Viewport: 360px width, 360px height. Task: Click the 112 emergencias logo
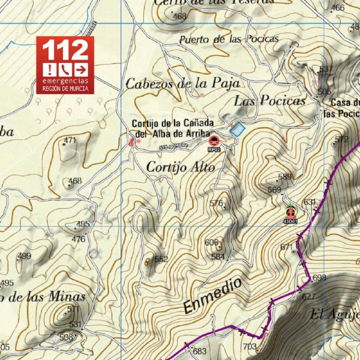tap(65, 64)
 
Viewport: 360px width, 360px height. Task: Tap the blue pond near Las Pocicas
tap(237, 129)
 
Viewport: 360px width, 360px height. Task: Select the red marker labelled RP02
tap(213, 141)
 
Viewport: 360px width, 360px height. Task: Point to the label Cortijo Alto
tap(174, 166)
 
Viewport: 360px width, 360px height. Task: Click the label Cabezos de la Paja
tap(182, 84)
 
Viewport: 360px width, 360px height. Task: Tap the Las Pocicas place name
tap(269, 101)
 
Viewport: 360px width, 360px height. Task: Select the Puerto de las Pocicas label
tap(228, 39)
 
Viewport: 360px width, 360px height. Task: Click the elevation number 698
tap(319, 278)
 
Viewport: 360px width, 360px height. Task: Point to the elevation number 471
tap(70, 140)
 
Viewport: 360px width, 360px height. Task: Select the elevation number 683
tap(200, 352)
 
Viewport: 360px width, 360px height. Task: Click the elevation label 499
tap(24, 256)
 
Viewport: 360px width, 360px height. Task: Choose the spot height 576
tap(217, 203)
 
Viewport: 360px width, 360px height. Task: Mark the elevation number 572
tap(341, 139)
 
